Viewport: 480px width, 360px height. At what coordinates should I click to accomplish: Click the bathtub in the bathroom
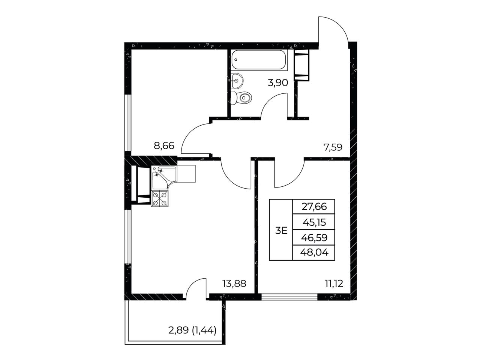pyautogui.click(x=259, y=60)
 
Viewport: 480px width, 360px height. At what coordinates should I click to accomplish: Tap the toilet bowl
pyautogui.click(x=241, y=97)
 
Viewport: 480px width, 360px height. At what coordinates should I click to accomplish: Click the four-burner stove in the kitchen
pyautogui.click(x=160, y=198)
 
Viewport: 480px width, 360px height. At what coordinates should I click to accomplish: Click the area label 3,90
pyautogui.click(x=278, y=83)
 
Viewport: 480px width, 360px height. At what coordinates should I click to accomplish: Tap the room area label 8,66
pyautogui.click(x=164, y=145)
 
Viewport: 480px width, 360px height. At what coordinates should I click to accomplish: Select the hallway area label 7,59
pyautogui.click(x=333, y=147)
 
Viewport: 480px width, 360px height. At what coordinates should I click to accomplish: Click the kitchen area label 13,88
pyautogui.click(x=234, y=283)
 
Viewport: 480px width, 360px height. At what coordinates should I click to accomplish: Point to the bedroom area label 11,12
pyautogui.click(x=334, y=283)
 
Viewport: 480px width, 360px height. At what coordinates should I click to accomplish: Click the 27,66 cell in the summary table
pyautogui.click(x=314, y=207)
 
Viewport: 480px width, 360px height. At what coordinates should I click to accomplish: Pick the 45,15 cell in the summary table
pyautogui.click(x=314, y=222)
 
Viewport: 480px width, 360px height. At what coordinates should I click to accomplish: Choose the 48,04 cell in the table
pyautogui.click(x=314, y=253)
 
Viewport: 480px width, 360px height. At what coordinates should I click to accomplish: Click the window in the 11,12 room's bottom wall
pyautogui.click(x=289, y=297)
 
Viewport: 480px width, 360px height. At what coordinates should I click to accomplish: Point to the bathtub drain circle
pyautogui.click(x=236, y=59)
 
